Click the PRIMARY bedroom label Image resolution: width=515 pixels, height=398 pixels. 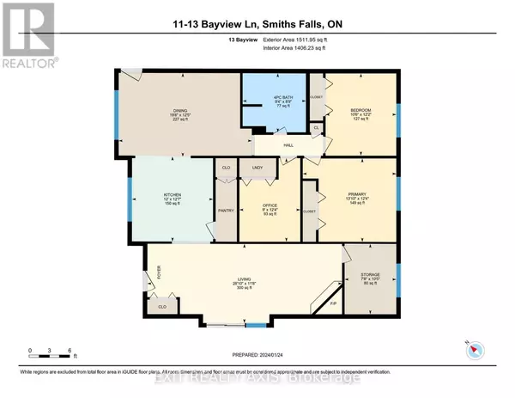[x=358, y=195]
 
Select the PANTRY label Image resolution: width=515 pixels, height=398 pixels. [x=225, y=211]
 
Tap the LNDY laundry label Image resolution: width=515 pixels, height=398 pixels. [x=256, y=167]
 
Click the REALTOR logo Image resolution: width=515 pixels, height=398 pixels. [x=27, y=34]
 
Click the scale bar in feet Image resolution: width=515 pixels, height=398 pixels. [x=51, y=352]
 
